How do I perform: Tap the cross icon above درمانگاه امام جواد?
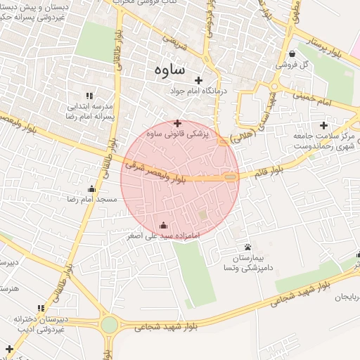coord(199,80)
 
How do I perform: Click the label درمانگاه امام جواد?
coord(199,91)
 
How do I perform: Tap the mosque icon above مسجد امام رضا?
coord(91,188)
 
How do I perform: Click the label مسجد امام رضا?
coord(92,200)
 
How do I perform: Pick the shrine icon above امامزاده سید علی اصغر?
coord(164,226)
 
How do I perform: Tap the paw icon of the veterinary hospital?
coord(248,247)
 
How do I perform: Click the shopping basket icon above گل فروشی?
coord(292,54)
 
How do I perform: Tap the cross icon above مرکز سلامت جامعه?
coord(323,124)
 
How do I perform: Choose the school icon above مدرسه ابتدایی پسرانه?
coord(89,95)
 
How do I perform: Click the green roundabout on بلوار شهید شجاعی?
coord(109,325)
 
